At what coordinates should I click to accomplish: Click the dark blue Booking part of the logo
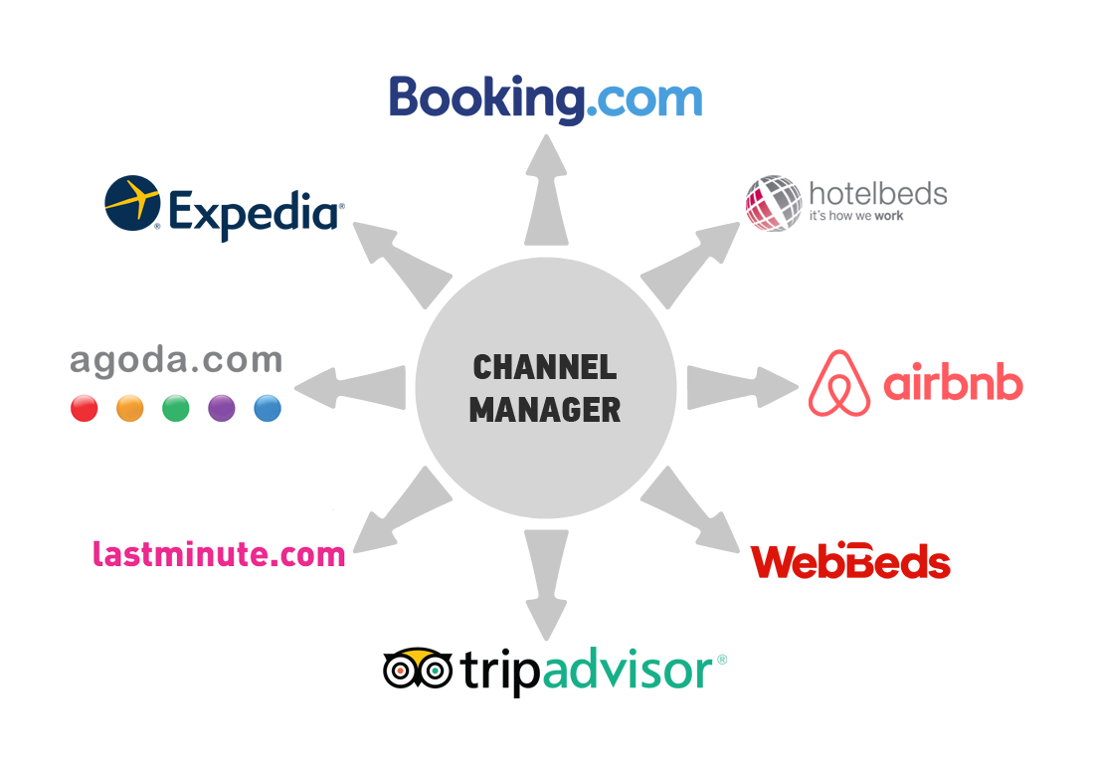click(x=487, y=100)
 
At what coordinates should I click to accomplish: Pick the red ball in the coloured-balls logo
click(x=88, y=403)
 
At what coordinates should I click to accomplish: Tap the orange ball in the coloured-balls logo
click(x=130, y=403)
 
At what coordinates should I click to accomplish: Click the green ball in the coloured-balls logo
click(x=176, y=403)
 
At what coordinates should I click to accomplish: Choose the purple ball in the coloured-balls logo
click(x=221, y=403)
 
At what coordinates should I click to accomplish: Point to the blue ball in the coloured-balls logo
click(x=264, y=403)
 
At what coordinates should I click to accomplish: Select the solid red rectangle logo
click(x=849, y=559)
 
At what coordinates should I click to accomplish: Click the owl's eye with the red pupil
click(x=401, y=672)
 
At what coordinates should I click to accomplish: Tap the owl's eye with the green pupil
click(x=435, y=672)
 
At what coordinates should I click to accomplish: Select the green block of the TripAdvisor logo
click(x=634, y=673)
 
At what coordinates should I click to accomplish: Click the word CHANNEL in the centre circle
click(x=545, y=367)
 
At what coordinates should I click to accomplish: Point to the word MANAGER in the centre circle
click(x=545, y=409)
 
